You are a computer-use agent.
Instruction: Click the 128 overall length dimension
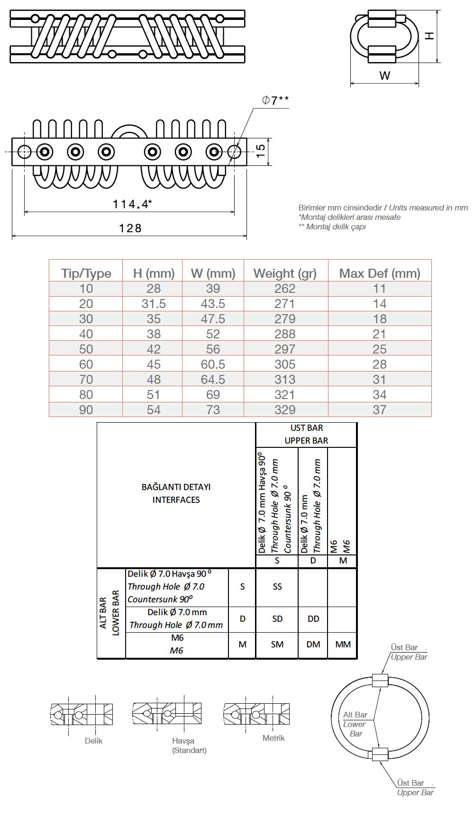click(130, 228)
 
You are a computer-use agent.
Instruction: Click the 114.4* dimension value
click(132, 204)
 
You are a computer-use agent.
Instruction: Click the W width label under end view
click(384, 75)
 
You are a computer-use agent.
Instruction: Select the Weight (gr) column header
click(285, 273)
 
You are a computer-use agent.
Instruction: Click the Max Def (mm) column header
click(380, 273)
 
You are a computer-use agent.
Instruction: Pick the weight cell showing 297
click(285, 349)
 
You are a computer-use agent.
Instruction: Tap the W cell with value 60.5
click(213, 364)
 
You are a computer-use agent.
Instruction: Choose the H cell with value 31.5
click(154, 304)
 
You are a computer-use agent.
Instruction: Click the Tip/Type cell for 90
click(86, 410)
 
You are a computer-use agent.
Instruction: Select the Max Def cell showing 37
click(380, 410)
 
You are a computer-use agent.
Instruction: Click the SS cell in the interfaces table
click(277, 587)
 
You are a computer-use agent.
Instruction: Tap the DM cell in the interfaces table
click(313, 645)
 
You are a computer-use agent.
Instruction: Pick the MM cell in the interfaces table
click(343, 645)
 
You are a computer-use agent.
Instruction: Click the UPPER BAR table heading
click(306, 441)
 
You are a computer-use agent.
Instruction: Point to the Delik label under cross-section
click(93, 741)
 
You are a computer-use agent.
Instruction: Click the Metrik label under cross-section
click(273, 738)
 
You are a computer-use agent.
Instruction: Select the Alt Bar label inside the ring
click(355, 715)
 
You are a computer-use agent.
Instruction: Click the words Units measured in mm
click(428, 208)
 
